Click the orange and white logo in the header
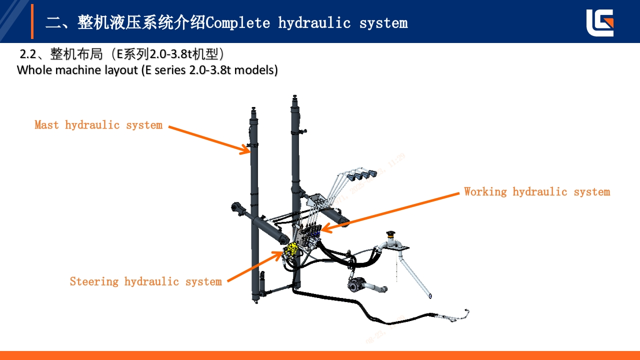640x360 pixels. (x=600, y=23)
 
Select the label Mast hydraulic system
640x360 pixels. (x=98, y=125)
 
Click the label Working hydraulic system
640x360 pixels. (x=536, y=192)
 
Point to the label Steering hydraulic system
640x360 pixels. (x=145, y=281)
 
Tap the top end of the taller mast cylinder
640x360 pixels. (x=295, y=97)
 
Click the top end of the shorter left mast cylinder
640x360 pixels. (x=253, y=110)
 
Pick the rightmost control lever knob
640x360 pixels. (x=371, y=174)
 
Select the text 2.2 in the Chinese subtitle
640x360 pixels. (x=27, y=54)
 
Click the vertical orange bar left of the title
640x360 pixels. (x=32, y=21)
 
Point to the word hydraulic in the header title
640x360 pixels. (x=314, y=22)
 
